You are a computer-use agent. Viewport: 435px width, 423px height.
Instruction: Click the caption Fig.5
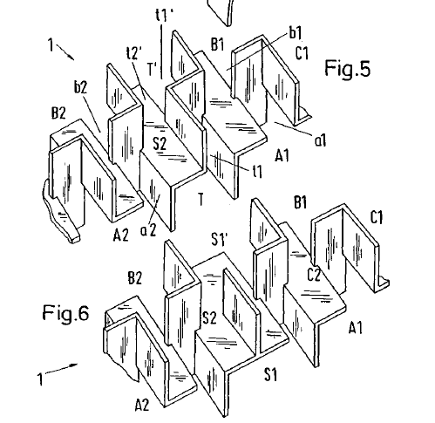[x=347, y=68]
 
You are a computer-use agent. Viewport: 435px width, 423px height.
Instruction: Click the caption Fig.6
[x=65, y=313]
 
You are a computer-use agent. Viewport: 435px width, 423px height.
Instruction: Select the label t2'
[x=134, y=52]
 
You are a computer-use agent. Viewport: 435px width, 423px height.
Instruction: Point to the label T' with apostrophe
[x=153, y=69]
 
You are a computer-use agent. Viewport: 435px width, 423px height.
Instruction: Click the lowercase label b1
[x=296, y=32]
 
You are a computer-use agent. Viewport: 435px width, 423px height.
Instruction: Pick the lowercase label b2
[x=80, y=86]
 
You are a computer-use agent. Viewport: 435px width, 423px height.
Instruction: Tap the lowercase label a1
[x=321, y=140]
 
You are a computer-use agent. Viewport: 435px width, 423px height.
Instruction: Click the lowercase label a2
[x=148, y=230]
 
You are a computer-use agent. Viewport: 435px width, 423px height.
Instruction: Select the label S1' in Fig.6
[x=220, y=240]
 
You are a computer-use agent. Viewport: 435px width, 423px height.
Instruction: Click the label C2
[x=314, y=275]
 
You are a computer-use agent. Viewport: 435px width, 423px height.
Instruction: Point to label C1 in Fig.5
[x=302, y=53]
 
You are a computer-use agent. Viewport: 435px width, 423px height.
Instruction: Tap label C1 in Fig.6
[x=377, y=217]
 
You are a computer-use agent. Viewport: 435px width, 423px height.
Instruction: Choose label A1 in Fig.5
[x=282, y=155]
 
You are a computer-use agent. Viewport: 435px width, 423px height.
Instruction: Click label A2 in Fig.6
[x=142, y=405]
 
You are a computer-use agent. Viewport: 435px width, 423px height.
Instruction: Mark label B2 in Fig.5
[x=58, y=113]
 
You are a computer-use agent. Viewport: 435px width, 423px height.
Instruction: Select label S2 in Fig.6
[x=209, y=317]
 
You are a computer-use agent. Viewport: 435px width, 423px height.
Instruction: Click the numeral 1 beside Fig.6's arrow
[x=40, y=379]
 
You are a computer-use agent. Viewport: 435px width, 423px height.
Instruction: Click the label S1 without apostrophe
[x=270, y=374]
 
